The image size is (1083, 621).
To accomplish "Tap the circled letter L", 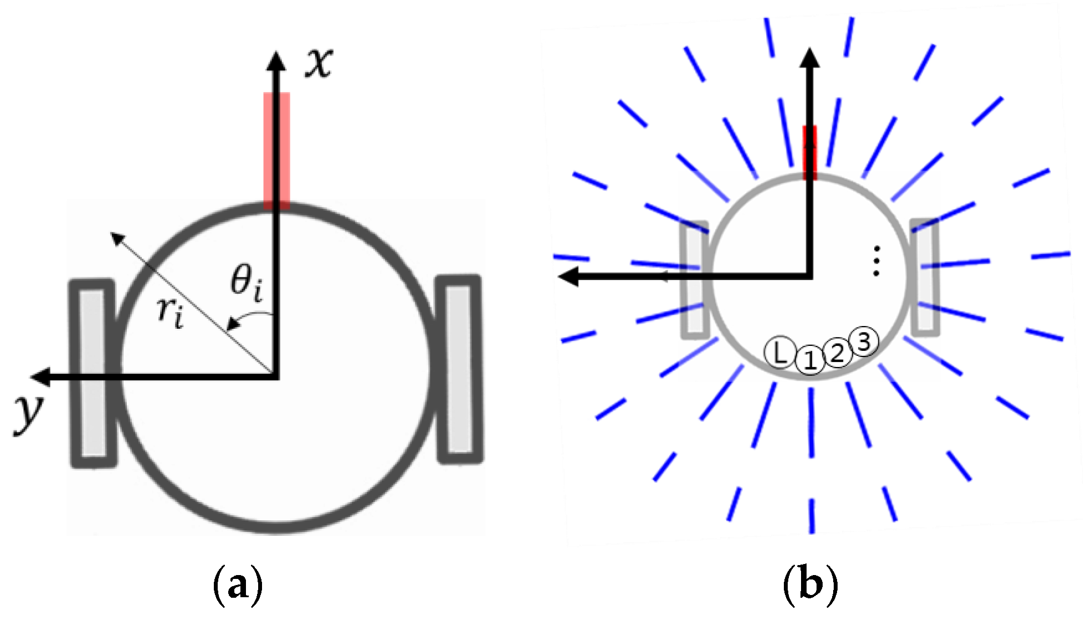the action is [x=779, y=353].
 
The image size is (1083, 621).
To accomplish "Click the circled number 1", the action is [x=810, y=360].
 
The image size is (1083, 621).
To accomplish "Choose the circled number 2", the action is [x=838, y=353].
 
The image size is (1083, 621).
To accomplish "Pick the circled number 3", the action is [x=864, y=341].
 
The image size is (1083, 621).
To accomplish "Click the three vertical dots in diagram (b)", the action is [x=876, y=261].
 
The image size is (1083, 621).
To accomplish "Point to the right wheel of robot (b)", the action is [x=925, y=277].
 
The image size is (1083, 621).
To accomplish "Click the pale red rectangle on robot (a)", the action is [x=276, y=149].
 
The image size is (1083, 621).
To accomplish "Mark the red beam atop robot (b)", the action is [x=810, y=152].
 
